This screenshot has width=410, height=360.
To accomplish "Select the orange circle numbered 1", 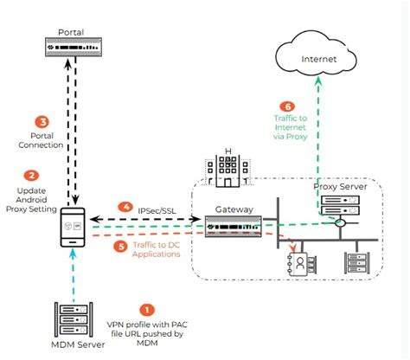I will [x=147, y=309].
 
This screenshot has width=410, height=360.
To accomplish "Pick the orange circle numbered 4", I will [x=127, y=209].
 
